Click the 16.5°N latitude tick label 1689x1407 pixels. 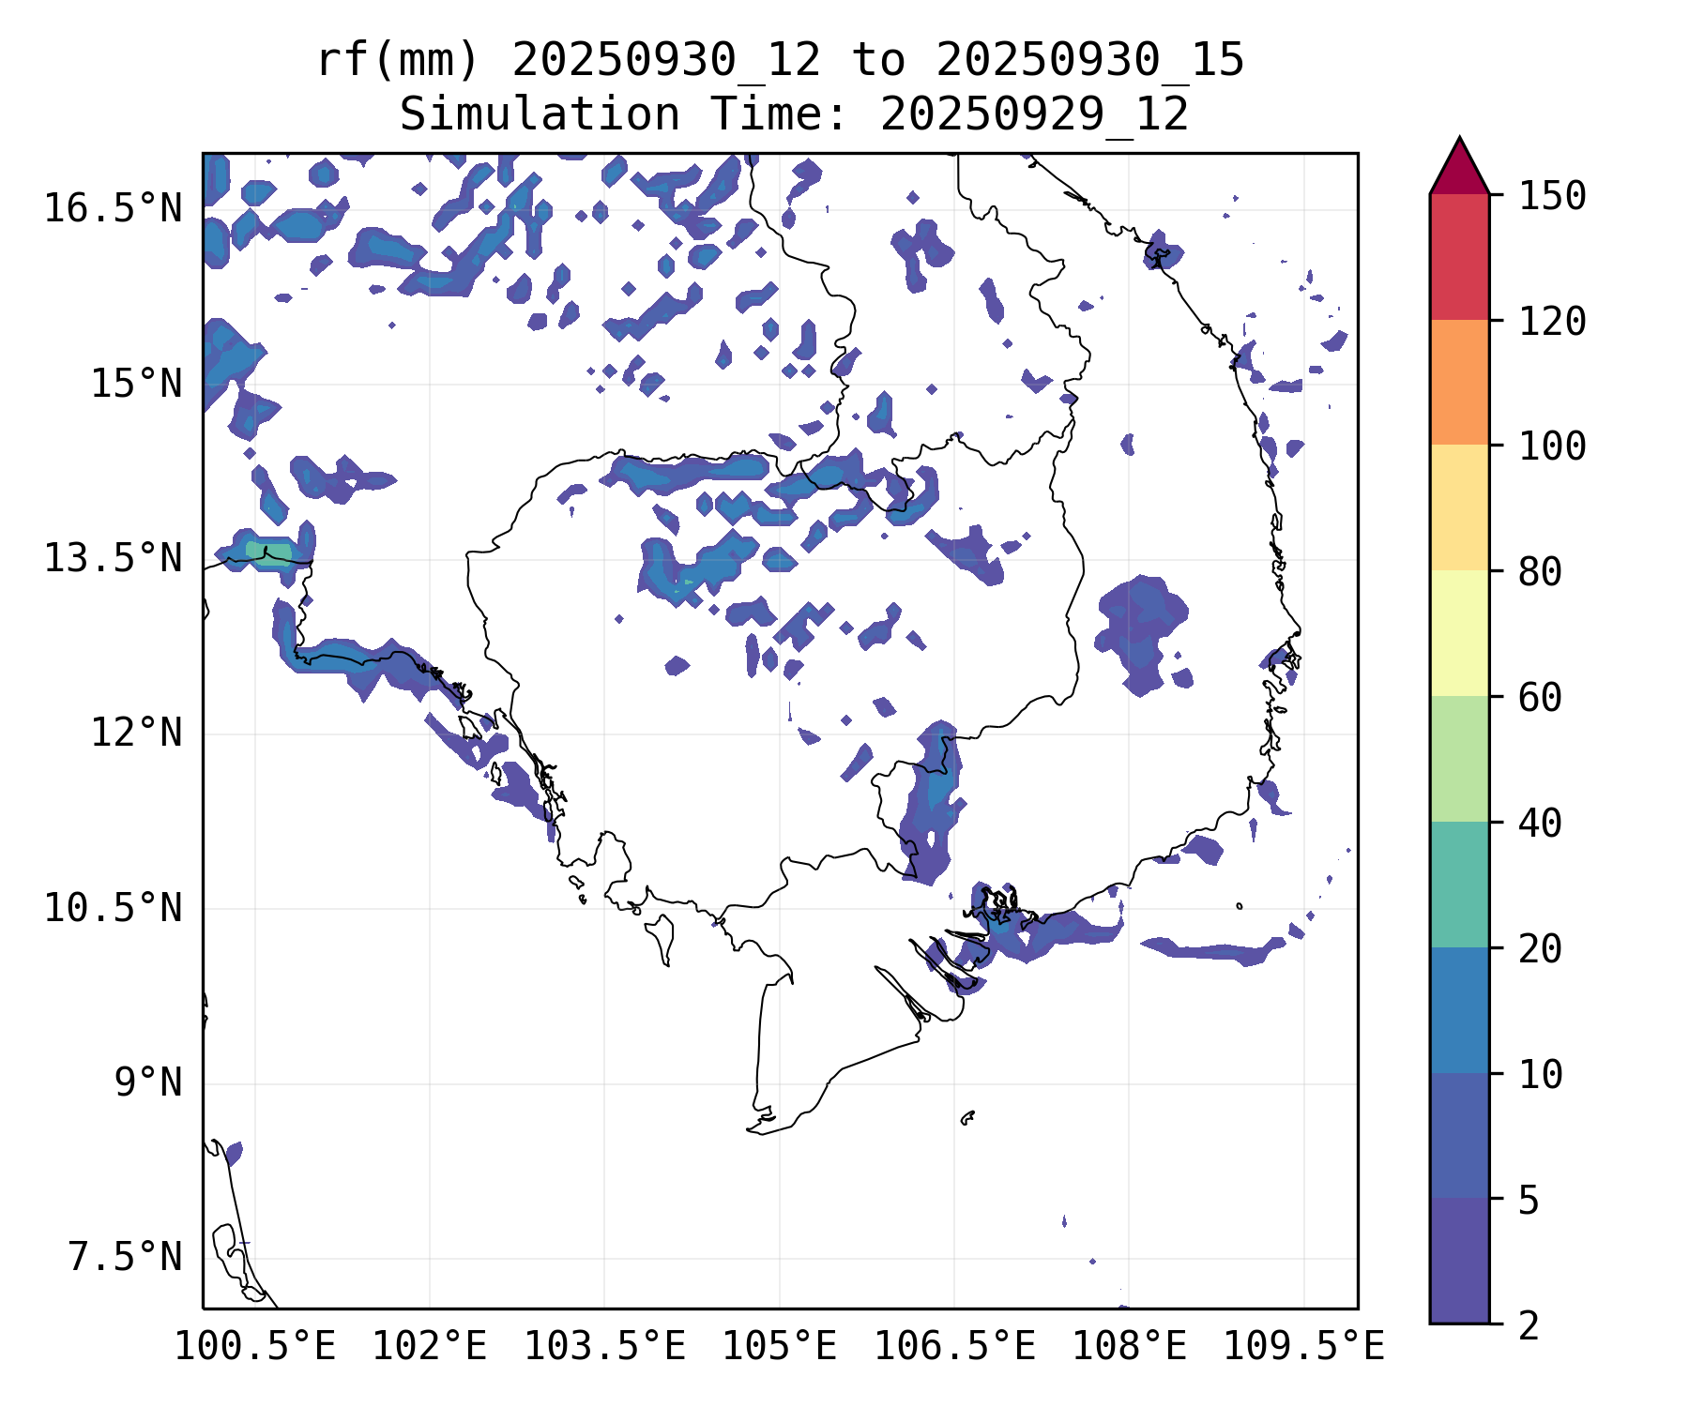[x=113, y=208]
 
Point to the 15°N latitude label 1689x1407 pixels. [x=136, y=384]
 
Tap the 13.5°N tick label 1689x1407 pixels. [x=113, y=558]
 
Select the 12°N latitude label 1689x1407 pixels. [x=136, y=733]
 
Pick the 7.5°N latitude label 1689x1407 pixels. [x=125, y=1257]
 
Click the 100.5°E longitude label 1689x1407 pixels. [x=255, y=1347]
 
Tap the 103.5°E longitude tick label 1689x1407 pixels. [x=604, y=1347]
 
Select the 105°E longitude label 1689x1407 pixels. [x=779, y=1347]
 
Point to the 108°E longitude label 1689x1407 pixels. [x=1129, y=1347]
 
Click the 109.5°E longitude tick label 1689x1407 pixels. [x=1303, y=1347]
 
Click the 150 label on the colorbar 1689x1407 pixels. [x=1553, y=197]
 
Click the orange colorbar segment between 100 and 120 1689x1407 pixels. [x=1459, y=382]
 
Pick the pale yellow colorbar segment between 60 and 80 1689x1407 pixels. [x=1459, y=633]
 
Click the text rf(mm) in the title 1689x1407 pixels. [x=398, y=61]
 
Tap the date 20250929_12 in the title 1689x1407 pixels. [x=1034, y=115]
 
